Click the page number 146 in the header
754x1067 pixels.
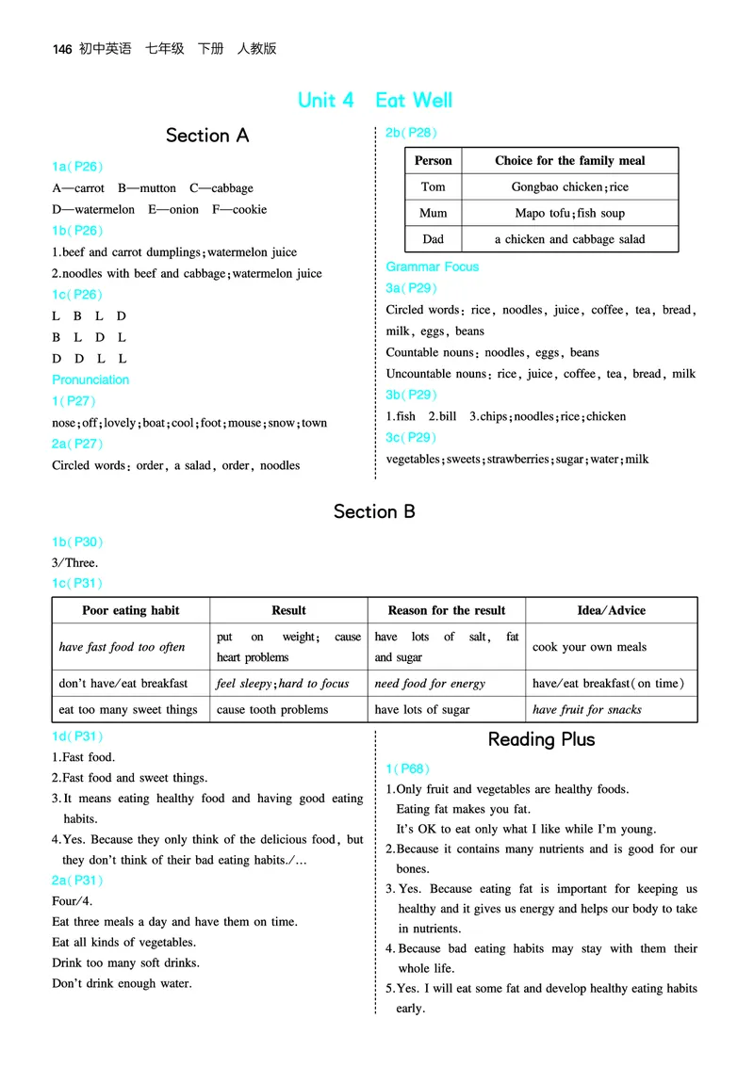point(62,49)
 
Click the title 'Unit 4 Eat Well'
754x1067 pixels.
point(375,101)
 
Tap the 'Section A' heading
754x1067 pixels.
point(207,136)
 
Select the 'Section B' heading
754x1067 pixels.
point(374,511)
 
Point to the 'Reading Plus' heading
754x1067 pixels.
point(541,739)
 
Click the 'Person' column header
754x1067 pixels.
point(434,161)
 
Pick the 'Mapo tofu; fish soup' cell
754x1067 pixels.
point(569,213)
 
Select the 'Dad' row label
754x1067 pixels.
point(434,239)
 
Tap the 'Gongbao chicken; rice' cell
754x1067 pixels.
point(569,186)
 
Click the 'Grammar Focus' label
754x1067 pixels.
point(432,267)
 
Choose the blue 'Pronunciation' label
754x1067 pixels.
point(90,380)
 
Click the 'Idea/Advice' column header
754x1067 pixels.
point(611,610)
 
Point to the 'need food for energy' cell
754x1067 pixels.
point(430,684)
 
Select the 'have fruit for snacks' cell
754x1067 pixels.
point(587,709)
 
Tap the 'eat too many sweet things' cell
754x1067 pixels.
point(128,709)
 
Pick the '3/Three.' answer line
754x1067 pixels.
point(74,563)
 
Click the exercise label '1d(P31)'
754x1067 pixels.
point(77,736)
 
